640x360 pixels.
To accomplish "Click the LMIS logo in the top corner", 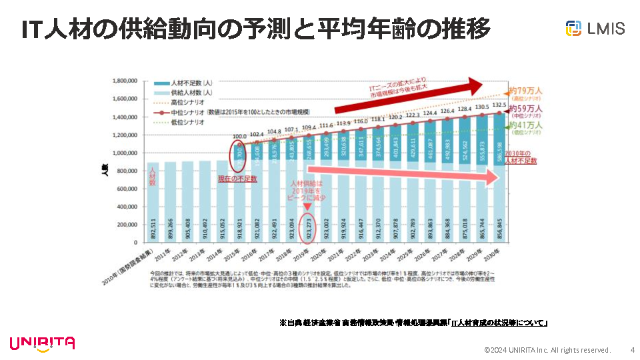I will coord(595,28).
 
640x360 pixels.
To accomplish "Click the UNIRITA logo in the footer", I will coord(42,343).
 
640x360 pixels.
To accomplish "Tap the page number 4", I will coord(632,350).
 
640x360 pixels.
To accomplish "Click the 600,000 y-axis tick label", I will coord(123,189).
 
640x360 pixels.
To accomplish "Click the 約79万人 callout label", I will coord(525,90).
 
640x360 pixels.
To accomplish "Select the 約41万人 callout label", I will coord(525,125).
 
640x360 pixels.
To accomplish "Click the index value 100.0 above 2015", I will coord(239,137).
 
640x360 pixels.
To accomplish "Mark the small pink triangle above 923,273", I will coord(307,207).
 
